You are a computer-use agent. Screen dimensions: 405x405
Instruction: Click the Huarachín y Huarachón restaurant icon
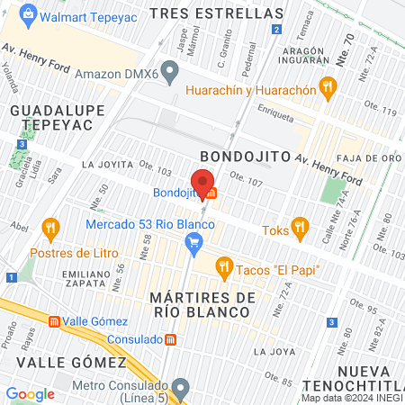point(328,89)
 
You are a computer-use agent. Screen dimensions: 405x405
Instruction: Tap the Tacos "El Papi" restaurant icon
point(224,266)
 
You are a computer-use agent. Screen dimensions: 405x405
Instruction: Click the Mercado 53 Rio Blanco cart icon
point(192,241)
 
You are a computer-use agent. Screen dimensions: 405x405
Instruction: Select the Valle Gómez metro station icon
point(55,320)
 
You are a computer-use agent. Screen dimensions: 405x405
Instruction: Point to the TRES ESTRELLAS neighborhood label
point(216,13)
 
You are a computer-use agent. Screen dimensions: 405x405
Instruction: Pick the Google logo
point(31,393)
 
